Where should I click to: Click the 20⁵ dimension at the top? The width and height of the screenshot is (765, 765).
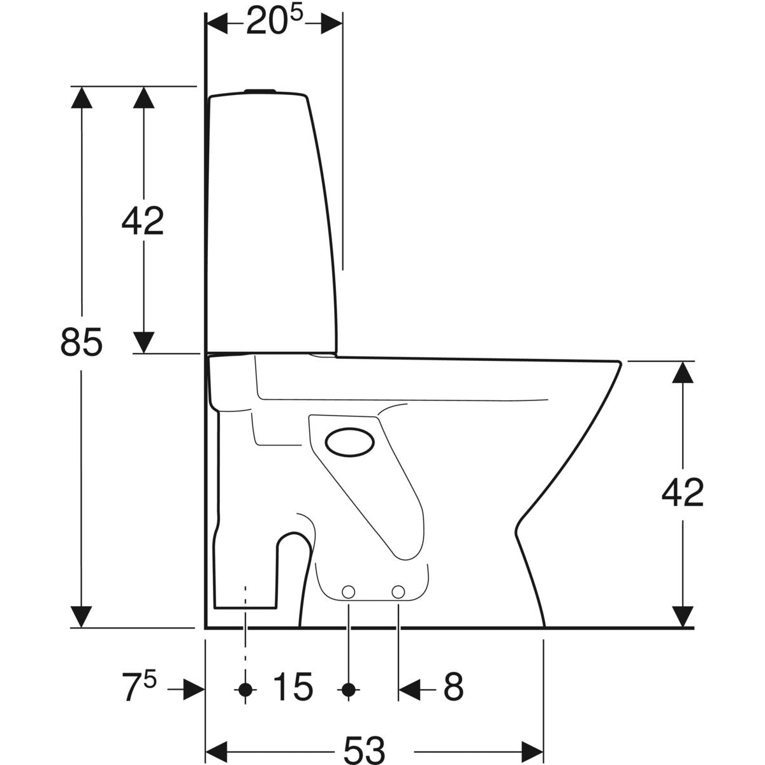coord(273,23)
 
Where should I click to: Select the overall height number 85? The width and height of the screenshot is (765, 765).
coord(82,342)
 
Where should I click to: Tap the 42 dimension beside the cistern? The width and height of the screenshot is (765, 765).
coord(143,220)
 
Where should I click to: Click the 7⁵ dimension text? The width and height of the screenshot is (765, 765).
coord(138,688)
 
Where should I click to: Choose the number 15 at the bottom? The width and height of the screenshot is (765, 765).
coord(293,687)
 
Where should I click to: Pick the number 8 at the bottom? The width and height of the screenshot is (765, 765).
coord(453,687)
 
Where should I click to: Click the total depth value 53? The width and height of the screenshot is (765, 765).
coord(365,750)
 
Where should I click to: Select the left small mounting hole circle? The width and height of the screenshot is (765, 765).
coord(349,592)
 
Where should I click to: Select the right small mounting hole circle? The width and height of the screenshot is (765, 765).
coord(398,592)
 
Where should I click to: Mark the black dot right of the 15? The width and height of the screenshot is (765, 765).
coord(348,688)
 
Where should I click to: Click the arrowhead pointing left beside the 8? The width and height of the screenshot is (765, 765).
coord(411,688)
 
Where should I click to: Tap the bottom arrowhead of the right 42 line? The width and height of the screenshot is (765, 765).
coord(683,615)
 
